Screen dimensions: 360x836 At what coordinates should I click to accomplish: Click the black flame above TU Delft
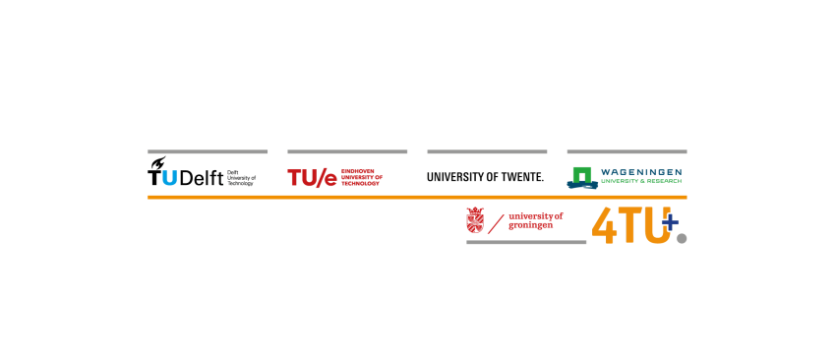156,164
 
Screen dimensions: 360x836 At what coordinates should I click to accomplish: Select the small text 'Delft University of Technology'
241,178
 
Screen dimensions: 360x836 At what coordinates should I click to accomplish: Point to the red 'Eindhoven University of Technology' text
361,177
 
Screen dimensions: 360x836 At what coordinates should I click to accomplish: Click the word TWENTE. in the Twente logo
521,177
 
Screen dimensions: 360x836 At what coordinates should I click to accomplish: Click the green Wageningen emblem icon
582,177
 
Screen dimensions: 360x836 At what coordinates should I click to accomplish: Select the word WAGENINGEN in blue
640,172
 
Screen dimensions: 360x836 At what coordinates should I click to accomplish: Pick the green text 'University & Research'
640,182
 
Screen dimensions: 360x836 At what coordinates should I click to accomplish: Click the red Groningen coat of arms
475,220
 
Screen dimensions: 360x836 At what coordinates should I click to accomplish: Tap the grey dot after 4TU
681,237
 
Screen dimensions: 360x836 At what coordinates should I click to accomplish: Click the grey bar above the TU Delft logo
208,151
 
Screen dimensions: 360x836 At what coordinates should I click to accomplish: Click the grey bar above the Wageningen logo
627,151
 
